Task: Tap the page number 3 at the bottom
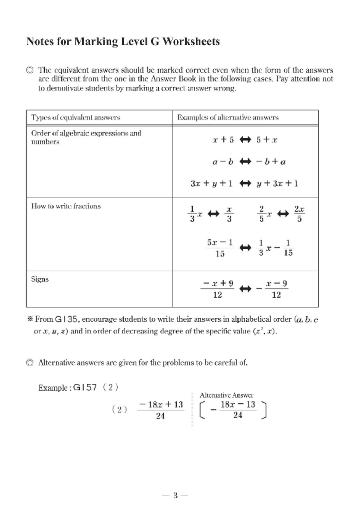[175, 495]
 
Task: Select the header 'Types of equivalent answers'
[76, 118]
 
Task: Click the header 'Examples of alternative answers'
[228, 118]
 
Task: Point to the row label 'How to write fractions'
[66, 206]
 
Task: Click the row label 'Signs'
[40, 279]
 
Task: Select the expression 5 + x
[267, 140]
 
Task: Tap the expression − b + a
[271, 162]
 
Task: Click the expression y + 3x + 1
[277, 184]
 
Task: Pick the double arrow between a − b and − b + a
[245, 162]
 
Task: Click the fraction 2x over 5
[299, 214]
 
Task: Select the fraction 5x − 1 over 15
[220, 248]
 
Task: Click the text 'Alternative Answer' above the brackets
[226, 395]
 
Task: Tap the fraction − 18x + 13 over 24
[161, 410]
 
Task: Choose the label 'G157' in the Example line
[85, 388]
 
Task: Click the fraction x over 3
[229, 214]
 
